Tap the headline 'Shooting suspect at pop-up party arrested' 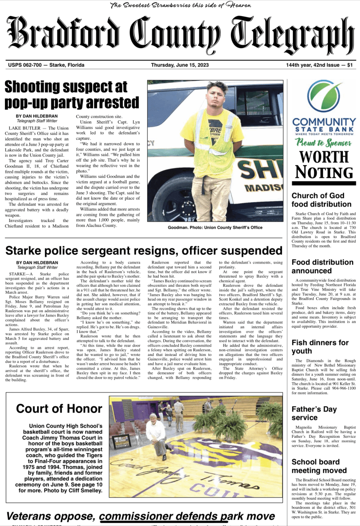72,95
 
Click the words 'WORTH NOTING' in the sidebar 323,165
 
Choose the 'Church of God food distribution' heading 321,200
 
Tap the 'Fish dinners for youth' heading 320,347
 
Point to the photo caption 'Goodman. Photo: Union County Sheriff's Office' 215,227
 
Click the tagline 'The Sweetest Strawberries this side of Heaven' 181,5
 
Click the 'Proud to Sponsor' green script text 323,143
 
